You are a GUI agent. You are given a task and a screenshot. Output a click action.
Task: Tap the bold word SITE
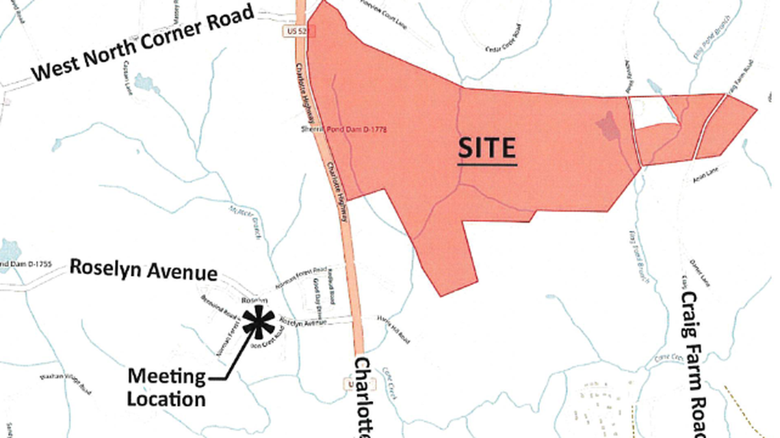[486, 148]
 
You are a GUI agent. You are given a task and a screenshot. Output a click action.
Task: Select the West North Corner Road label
[144, 42]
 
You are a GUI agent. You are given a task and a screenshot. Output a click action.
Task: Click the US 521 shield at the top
[289, 31]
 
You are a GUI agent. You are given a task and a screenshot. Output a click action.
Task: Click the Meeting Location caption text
[166, 387]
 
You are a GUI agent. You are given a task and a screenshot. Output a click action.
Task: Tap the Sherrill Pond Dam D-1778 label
[343, 129]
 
